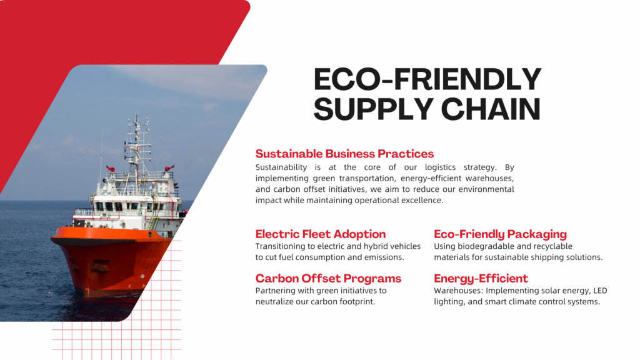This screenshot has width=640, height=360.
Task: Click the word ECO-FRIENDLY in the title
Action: (x=427, y=79)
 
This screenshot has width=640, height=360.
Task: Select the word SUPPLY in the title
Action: (x=374, y=109)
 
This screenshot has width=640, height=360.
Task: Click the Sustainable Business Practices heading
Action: (x=344, y=154)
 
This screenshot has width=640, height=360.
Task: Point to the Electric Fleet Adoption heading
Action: (x=321, y=234)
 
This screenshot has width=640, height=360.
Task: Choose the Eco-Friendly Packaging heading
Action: (x=500, y=234)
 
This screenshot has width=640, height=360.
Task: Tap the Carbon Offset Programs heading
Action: (x=328, y=278)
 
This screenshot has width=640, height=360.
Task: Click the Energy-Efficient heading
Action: (x=481, y=278)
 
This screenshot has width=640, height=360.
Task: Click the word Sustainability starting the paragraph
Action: (x=281, y=167)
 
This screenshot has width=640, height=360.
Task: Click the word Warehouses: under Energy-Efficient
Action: (x=458, y=291)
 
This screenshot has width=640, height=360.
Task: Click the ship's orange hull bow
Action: (x=110, y=261)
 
